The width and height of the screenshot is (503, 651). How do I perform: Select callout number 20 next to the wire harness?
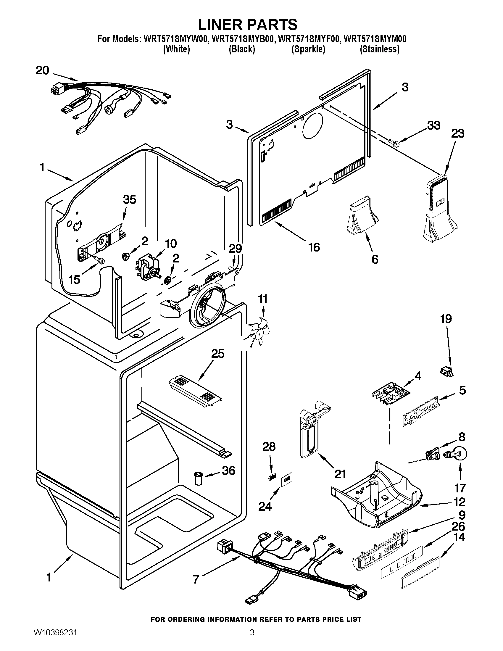42,71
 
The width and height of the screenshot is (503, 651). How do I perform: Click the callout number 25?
217,354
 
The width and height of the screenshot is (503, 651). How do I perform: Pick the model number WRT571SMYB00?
243,39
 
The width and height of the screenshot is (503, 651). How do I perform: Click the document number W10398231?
54,639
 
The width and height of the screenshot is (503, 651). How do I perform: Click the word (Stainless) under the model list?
379,49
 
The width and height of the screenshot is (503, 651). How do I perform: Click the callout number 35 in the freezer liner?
130,199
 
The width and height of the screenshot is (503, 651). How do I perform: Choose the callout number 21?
340,474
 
